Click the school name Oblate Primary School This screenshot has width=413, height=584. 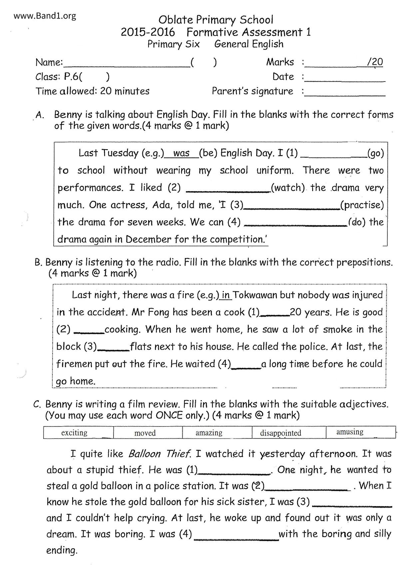point(216,20)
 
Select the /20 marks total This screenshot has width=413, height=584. point(375,62)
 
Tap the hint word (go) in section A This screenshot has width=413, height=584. point(375,153)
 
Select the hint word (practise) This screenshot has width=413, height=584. point(362,205)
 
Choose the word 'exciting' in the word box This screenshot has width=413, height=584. point(74,433)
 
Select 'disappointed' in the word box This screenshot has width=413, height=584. point(280,433)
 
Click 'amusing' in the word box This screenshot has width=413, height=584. point(350,432)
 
